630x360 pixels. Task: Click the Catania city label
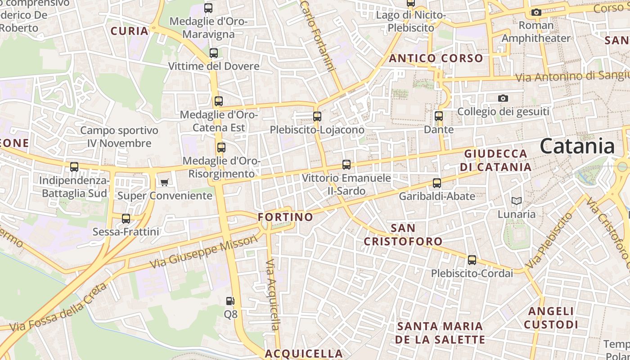tap(577, 146)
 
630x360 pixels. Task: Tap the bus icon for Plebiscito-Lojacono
tap(317, 117)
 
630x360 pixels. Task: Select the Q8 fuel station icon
tap(230, 301)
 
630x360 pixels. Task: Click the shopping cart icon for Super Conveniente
tap(164, 182)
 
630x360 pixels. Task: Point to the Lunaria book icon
tap(517, 201)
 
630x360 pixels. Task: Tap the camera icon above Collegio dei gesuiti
tap(503, 98)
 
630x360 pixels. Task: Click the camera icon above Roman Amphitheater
tap(536, 12)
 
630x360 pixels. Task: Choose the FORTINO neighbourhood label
tap(285, 217)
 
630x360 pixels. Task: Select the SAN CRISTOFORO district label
tap(403, 234)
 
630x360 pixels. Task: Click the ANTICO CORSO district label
tap(436, 58)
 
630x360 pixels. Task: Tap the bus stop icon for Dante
tap(439, 116)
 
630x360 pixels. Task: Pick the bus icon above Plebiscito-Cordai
tap(472, 260)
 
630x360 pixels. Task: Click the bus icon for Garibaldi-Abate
tap(437, 183)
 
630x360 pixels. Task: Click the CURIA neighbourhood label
tap(130, 31)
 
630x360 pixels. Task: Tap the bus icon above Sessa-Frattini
tap(126, 219)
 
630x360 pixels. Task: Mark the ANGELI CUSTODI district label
tap(551, 318)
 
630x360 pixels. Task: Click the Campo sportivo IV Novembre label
tap(119, 137)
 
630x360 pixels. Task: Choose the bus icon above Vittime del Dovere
tap(214, 53)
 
